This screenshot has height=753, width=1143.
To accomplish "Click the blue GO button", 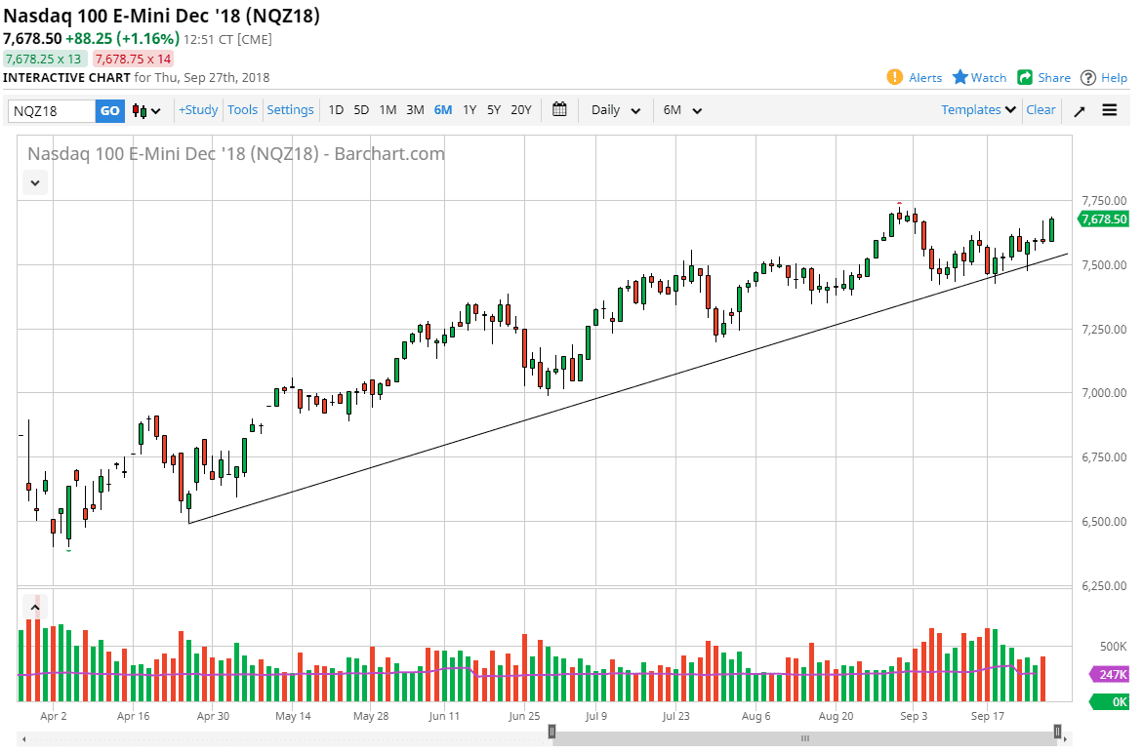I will point(109,110).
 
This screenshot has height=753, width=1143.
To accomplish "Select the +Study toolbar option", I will point(198,110).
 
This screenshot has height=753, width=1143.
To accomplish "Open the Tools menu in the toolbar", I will point(242,110).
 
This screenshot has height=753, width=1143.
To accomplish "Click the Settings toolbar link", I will point(290,110).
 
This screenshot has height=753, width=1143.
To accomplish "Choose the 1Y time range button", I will point(469,110).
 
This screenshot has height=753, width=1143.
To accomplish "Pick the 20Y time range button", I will point(521,110).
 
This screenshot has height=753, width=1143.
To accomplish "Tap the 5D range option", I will point(361,110).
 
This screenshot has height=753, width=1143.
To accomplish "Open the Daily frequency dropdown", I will point(616,110).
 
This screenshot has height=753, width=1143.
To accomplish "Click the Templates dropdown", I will point(978,110).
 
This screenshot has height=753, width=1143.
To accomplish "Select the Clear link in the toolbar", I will point(1041,110).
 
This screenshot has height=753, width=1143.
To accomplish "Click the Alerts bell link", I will point(915,78).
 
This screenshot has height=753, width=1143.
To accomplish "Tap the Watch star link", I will point(979,78).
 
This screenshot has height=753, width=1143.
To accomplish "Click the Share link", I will point(1043,78).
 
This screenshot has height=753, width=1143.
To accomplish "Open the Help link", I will point(1104,78).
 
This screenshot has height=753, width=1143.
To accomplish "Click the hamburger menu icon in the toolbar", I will point(1110,110).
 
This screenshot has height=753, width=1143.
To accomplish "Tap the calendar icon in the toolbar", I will point(559,110).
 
